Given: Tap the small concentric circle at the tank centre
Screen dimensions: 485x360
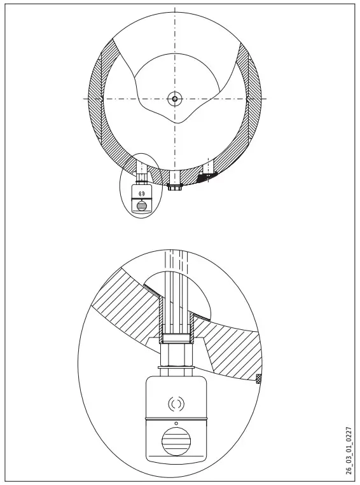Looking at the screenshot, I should [174, 99].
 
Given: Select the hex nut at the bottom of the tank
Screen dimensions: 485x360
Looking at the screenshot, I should [175, 187].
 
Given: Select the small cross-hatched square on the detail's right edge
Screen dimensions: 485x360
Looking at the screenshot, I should [259, 379].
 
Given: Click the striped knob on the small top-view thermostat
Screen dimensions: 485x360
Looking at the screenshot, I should [142, 205].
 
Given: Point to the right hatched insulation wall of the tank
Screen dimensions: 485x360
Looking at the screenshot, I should [254, 102].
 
